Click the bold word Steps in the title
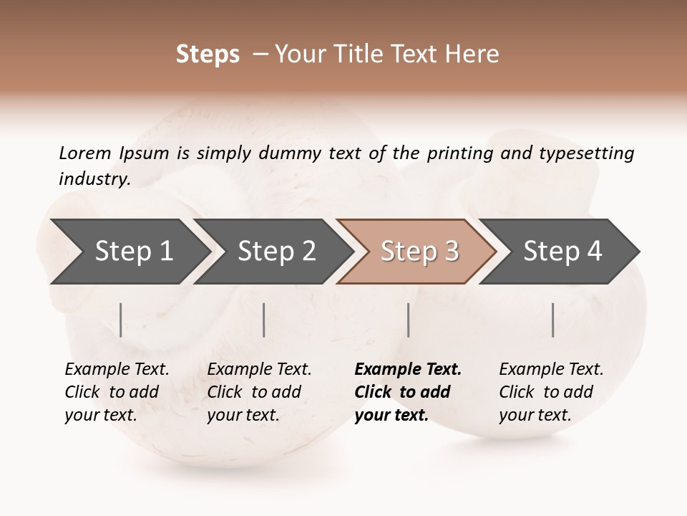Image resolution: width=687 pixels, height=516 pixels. click(208, 54)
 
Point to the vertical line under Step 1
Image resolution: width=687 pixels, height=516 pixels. click(121, 320)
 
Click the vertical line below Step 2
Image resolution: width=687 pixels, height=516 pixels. click(264, 320)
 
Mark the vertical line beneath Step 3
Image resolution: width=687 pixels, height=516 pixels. click(408, 320)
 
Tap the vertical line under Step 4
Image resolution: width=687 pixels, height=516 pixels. click(552, 320)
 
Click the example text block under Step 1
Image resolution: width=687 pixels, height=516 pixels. click(117, 392)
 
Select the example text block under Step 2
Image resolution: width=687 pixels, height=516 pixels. click(259, 392)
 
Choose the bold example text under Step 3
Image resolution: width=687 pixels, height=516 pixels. click(408, 392)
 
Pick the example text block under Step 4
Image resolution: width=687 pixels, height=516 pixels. click(551, 392)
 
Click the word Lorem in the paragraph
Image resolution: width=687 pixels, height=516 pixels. click(85, 153)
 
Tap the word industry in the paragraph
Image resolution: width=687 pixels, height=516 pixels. click(94, 179)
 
